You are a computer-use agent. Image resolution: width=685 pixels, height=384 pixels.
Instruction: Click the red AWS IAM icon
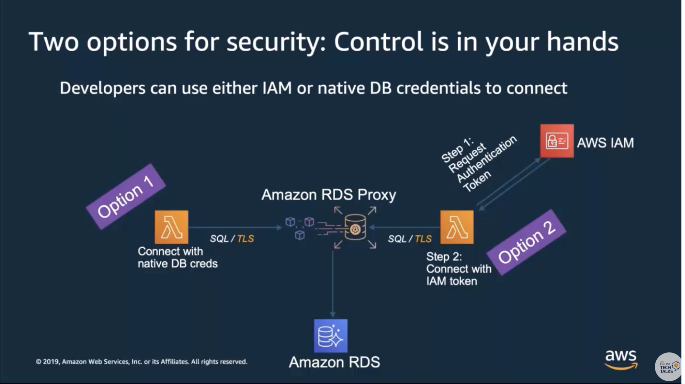557,141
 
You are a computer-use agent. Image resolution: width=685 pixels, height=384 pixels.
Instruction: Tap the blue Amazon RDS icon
331,336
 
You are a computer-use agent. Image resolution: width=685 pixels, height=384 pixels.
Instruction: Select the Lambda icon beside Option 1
171,227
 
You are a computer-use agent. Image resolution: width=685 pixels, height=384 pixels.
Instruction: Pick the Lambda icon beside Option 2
457,227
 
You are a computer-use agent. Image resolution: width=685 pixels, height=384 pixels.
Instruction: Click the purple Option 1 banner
126,197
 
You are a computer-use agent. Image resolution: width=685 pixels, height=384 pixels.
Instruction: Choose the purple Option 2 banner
526,242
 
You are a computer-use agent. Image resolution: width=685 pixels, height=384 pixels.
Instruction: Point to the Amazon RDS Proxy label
329,195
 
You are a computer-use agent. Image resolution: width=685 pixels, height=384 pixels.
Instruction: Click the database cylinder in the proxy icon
355,227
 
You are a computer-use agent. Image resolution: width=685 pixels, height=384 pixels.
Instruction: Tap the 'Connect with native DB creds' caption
178,257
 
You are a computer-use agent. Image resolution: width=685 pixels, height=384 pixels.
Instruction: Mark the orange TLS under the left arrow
245,239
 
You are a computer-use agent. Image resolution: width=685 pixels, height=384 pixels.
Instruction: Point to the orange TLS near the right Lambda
423,239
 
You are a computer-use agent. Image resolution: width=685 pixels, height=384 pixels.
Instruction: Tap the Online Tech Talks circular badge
668,367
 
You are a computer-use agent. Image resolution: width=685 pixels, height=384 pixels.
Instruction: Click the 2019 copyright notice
141,362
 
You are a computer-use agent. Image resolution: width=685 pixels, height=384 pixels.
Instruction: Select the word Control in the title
379,42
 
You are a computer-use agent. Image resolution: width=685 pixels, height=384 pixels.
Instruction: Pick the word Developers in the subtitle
103,88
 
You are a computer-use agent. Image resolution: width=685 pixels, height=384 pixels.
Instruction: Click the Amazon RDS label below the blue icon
334,362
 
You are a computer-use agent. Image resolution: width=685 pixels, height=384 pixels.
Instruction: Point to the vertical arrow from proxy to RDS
332,284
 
